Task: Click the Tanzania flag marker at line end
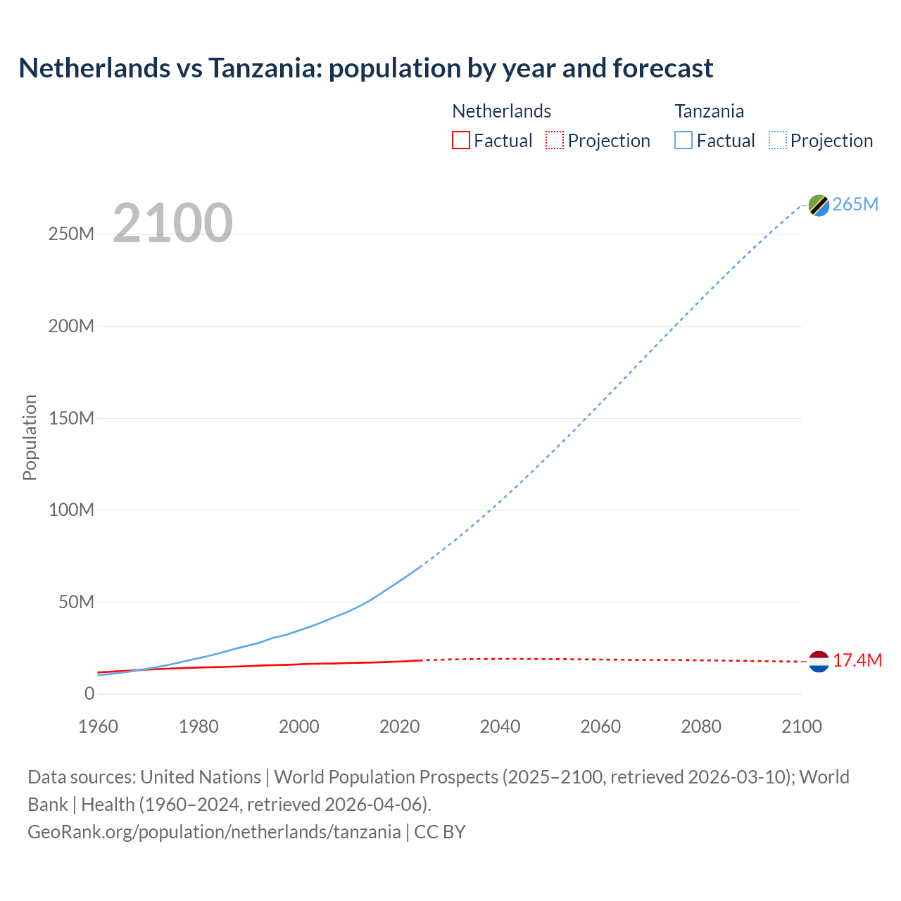(x=819, y=205)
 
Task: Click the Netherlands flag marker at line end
(x=819, y=661)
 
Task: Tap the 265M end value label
(x=855, y=204)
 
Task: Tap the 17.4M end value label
(x=857, y=660)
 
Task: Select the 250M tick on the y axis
(x=71, y=234)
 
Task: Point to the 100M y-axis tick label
(x=71, y=510)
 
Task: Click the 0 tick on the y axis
(x=89, y=693)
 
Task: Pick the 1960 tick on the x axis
(x=98, y=726)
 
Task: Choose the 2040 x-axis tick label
(x=500, y=726)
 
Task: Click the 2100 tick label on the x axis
(x=801, y=726)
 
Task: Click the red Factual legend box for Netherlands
(x=461, y=140)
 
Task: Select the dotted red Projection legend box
(x=555, y=140)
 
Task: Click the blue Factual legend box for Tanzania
(x=683, y=140)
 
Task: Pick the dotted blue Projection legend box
(x=778, y=140)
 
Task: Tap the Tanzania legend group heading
(x=709, y=111)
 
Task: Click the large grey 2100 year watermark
(x=172, y=222)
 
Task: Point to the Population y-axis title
(x=30, y=437)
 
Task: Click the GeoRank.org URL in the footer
(x=214, y=831)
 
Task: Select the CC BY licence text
(x=440, y=831)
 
